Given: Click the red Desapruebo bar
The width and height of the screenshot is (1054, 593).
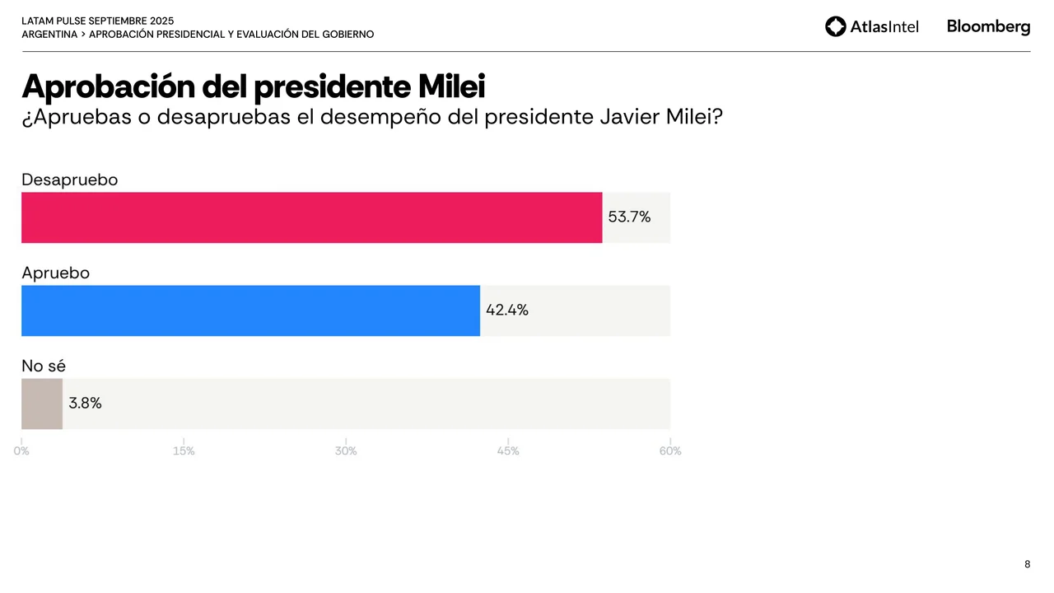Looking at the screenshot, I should [x=311, y=217].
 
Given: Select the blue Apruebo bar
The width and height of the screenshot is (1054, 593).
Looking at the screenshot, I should [x=250, y=311].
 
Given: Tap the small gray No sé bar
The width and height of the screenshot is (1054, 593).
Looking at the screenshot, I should [x=42, y=404].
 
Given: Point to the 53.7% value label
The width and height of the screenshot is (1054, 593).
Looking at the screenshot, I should [x=629, y=217].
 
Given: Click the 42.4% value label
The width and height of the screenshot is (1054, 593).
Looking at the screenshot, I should [x=507, y=311].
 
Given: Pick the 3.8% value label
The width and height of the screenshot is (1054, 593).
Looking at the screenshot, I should [x=85, y=404].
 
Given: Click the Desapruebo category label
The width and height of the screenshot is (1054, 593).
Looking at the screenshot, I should [x=70, y=180].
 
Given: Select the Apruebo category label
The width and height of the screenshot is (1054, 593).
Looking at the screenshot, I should [x=56, y=273].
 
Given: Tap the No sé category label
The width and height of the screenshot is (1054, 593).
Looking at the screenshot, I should [x=44, y=366].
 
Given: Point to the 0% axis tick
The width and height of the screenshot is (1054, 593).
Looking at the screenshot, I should [x=21, y=451].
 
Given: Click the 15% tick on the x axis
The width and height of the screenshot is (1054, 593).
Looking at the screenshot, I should [x=184, y=451].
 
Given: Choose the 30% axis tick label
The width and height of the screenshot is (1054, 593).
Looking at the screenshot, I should [x=346, y=451].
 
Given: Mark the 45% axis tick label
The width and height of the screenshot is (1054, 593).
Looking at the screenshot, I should [x=508, y=451].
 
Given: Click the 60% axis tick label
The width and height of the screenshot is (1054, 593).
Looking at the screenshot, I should [x=670, y=451].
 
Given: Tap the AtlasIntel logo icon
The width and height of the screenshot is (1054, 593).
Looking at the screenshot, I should [x=836, y=26].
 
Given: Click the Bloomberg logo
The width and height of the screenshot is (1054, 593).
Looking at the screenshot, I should [x=988, y=26].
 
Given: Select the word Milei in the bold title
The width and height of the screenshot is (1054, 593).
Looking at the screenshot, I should [x=451, y=86].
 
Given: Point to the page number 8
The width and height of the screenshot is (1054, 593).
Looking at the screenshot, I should [x=1027, y=564].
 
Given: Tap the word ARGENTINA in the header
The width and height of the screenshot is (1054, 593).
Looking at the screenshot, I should [x=49, y=35].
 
